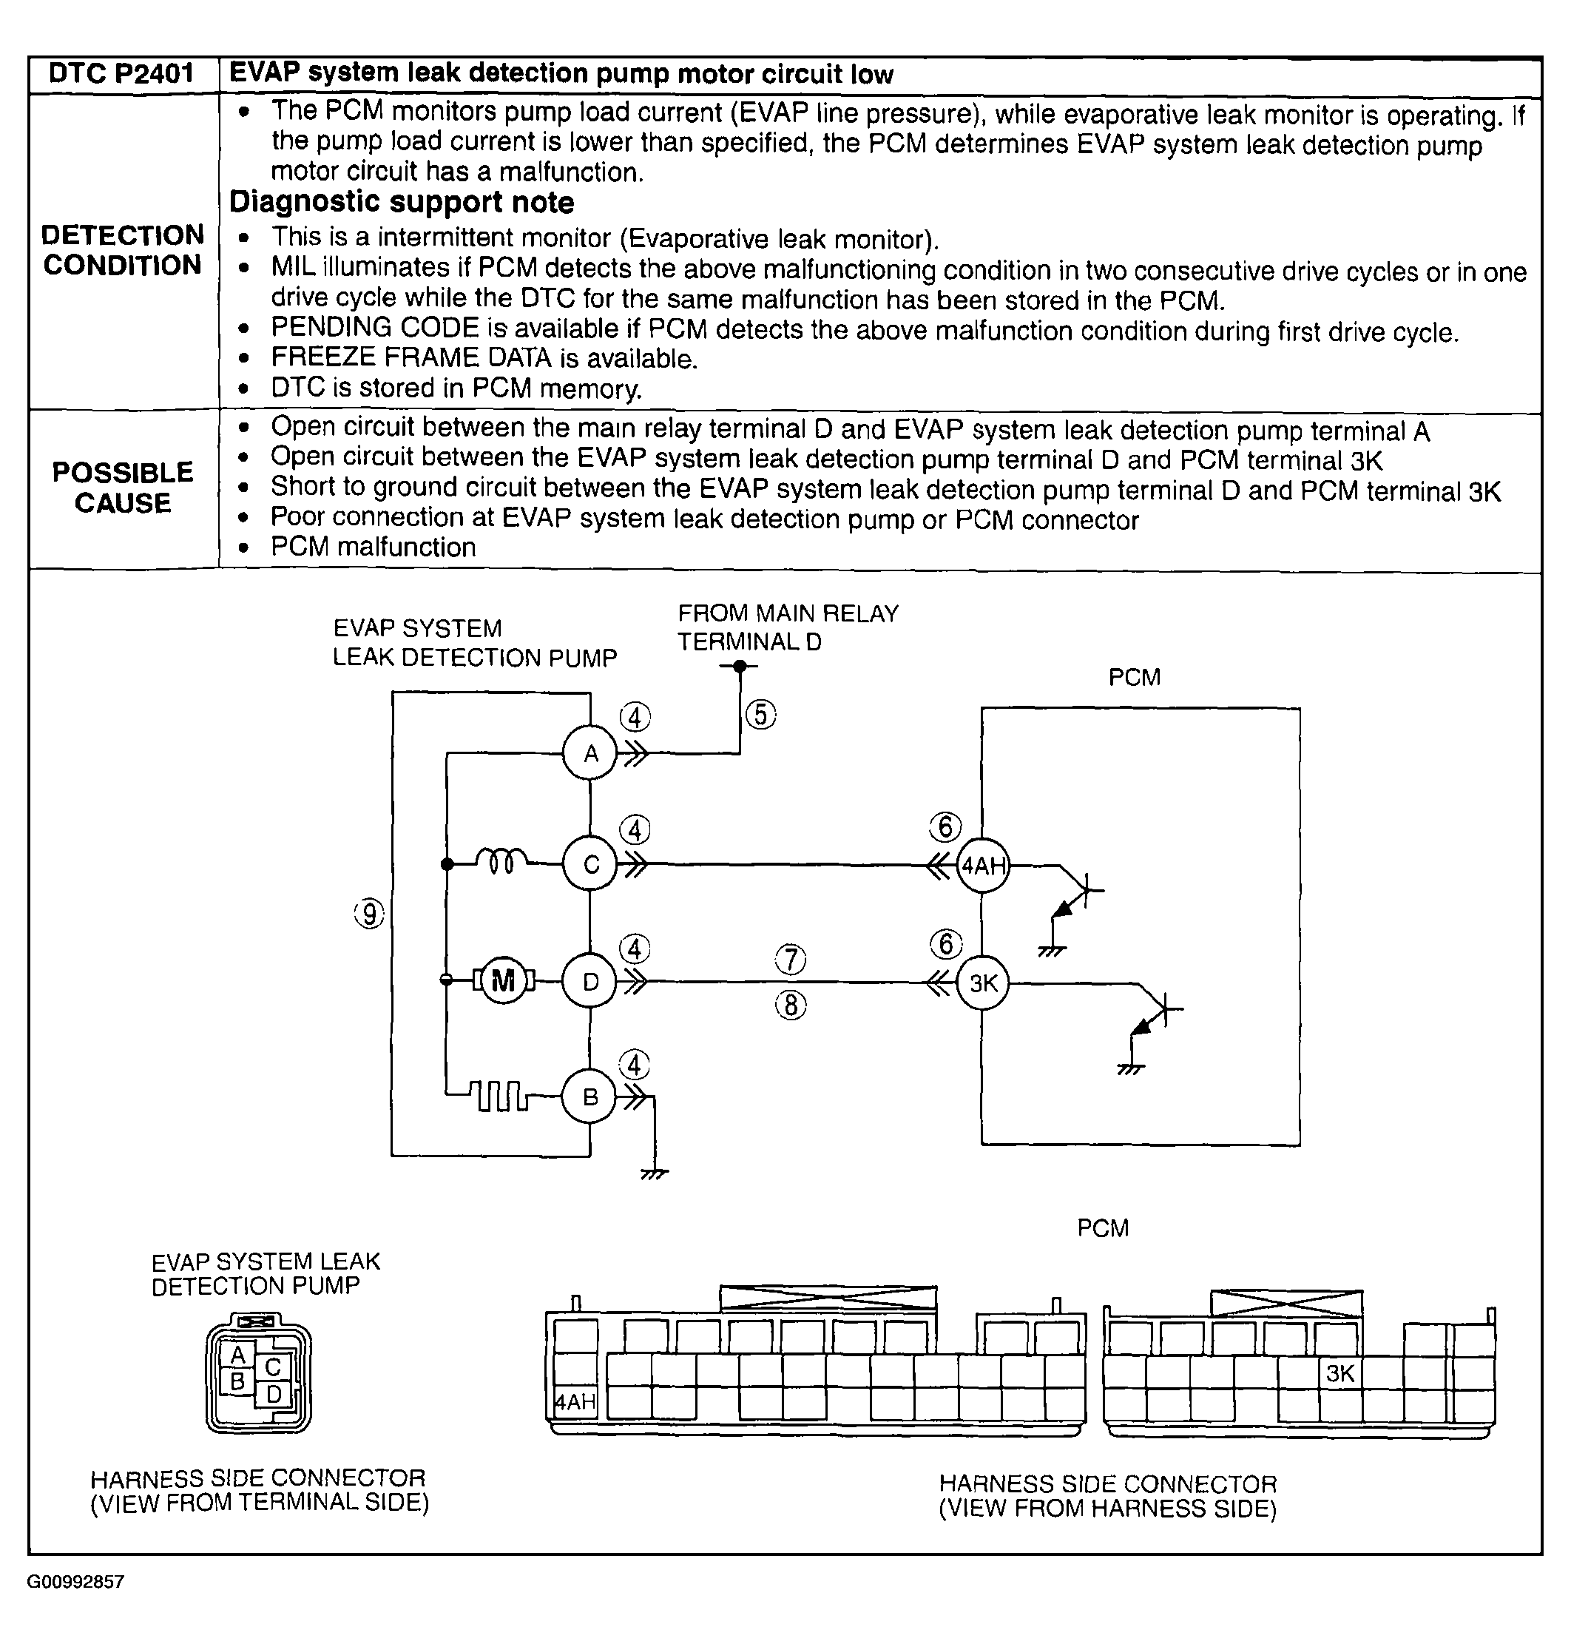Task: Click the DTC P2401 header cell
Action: (122, 75)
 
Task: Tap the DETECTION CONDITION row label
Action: (122, 250)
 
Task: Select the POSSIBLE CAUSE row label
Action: (122, 488)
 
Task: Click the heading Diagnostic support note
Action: (402, 203)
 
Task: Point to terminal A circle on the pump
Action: (590, 754)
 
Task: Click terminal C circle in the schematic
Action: (590, 864)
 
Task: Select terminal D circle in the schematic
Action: (590, 982)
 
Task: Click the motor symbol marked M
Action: (503, 980)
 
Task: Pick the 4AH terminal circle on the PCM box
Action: (983, 865)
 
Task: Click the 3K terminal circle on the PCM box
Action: (983, 983)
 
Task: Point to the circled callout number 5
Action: (760, 715)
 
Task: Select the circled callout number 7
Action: (791, 960)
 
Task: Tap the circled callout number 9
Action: (369, 914)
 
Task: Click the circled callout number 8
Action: (791, 1004)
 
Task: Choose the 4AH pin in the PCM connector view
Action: (575, 1402)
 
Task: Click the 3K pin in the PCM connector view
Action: (1340, 1373)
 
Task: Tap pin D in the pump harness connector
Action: (273, 1395)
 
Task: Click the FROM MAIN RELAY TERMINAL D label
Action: (787, 627)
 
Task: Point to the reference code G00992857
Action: (75, 1582)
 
